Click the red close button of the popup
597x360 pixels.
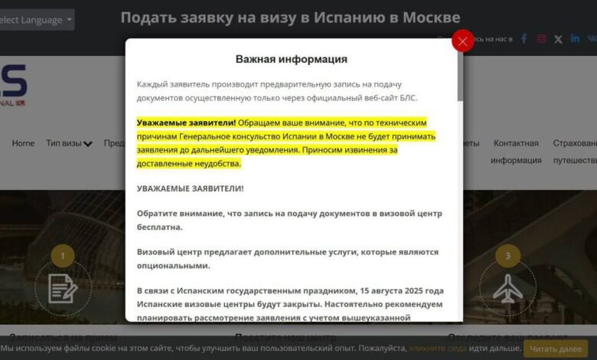(463, 41)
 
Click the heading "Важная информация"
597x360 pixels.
(291, 59)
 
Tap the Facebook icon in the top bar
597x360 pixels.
(524, 38)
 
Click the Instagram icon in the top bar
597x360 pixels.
(542, 38)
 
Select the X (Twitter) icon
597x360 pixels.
(558, 38)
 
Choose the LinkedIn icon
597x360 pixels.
(575, 38)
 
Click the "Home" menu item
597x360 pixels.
(23, 143)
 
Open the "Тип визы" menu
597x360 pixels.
(69, 143)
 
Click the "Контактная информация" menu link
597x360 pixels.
(516, 152)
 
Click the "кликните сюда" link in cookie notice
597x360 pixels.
(438, 349)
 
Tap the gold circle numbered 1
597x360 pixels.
(62, 256)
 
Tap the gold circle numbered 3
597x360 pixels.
(507, 256)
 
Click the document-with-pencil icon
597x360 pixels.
(63, 288)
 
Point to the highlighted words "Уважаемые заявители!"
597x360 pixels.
(186, 123)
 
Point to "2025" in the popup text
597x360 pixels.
(413, 291)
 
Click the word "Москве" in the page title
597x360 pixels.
(431, 17)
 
